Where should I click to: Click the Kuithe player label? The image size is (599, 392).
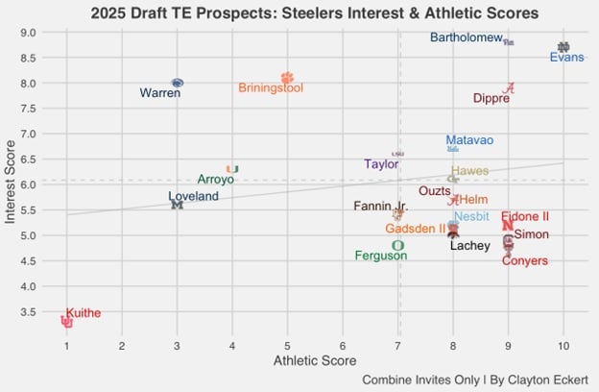[84, 313]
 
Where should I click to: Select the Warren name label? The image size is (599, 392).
[160, 94]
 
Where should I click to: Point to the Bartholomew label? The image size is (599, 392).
[467, 38]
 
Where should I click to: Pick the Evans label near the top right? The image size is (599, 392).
[566, 58]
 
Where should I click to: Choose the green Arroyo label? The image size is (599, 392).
[216, 179]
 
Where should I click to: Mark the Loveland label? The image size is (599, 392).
[194, 196]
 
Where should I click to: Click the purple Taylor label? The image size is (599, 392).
[381, 164]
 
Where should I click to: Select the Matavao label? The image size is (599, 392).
[469, 140]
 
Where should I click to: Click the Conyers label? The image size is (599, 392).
[525, 260]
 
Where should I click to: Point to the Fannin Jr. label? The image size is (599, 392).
[381, 206]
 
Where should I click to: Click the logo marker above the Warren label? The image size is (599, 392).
[178, 84]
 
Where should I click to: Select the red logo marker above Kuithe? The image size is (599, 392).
[67, 322]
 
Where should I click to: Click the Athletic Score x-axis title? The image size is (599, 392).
[315, 360]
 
